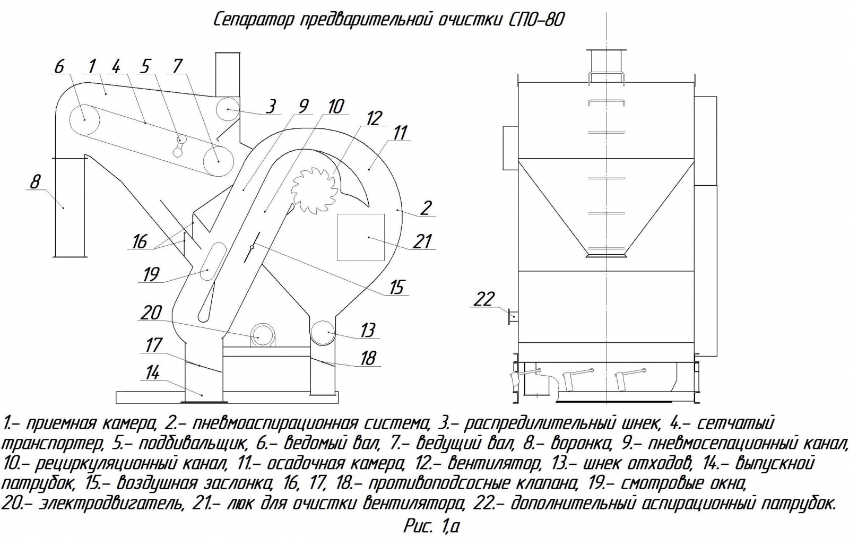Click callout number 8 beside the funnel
[35, 182]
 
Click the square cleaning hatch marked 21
[361, 237]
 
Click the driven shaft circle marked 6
[84, 119]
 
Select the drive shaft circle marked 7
[218, 158]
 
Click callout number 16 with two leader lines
[140, 242]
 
